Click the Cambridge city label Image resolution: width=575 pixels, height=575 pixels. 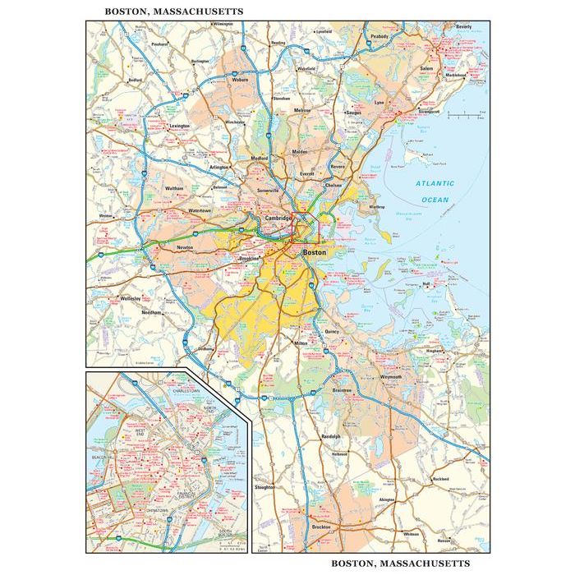279,218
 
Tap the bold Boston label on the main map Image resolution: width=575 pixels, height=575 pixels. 315,254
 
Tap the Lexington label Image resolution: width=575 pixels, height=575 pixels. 179,126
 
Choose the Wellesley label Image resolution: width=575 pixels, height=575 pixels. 131,298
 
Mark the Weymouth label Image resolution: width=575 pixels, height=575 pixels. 391,377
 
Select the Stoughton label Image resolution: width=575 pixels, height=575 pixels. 265,487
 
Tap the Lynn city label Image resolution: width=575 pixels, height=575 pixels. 379,103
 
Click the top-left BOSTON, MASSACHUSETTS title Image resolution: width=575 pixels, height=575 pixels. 162,11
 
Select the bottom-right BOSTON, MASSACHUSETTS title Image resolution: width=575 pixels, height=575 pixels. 401,563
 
